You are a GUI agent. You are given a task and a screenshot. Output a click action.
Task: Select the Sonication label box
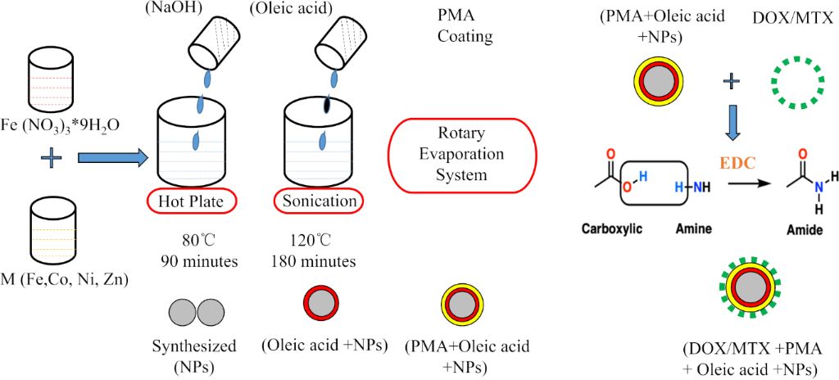click(x=319, y=201)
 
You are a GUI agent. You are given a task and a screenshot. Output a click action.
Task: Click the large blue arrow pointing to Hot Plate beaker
click(x=112, y=156)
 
